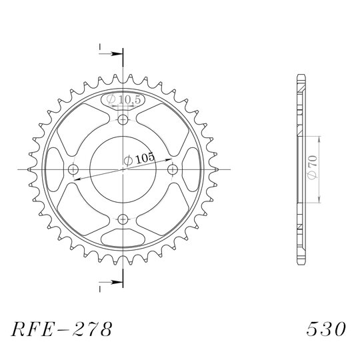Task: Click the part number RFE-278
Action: click(62, 329)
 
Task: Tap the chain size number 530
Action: click(326, 329)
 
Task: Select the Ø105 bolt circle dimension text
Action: click(139, 159)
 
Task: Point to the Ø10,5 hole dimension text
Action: click(123, 99)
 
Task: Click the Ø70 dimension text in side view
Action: click(313, 167)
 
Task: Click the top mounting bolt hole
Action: click(123, 119)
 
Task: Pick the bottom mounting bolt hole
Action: click(123, 219)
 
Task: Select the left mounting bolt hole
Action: click(73, 170)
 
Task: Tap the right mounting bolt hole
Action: click(173, 170)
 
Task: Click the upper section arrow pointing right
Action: click(111, 54)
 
